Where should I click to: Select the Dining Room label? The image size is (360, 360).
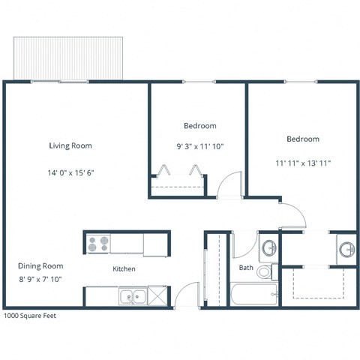[x=40, y=265]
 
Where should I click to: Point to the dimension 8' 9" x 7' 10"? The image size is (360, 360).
[x=40, y=279]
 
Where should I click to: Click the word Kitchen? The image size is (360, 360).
[x=124, y=268]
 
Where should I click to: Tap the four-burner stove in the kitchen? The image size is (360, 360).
[x=97, y=244]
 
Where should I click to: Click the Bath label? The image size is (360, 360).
[x=246, y=267]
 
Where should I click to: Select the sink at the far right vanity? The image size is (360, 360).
[x=346, y=248]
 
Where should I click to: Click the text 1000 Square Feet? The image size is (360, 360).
[x=30, y=316]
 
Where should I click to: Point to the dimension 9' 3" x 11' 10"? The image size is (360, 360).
[x=199, y=147]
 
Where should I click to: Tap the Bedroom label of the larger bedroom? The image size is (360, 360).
[x=303, y=139]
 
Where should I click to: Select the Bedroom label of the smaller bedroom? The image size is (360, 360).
[x=199, y=125]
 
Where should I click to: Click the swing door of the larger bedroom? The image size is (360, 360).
[x=294, y=214]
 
